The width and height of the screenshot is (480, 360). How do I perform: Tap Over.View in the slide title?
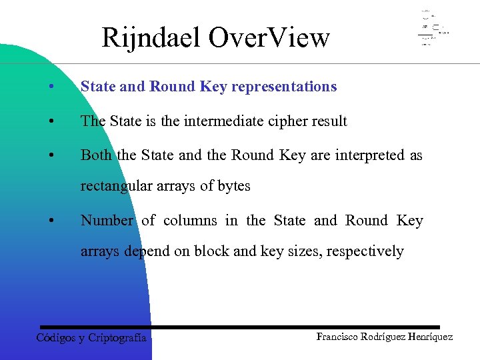tap(269, 38)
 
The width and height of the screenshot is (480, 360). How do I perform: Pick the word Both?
tap(96, 155)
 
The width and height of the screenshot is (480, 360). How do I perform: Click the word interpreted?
tap(369, 155)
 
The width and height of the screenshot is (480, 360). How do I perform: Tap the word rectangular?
tap(115, 186)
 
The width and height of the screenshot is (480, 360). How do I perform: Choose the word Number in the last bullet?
tap(107, 221)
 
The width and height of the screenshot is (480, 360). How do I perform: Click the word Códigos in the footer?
tap(56, 337)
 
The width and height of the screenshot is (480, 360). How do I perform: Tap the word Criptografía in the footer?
tap(117, 337)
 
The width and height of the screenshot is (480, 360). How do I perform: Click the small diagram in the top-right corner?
tap(433, 28)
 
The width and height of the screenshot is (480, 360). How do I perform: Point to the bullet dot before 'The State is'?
tap(51, 122)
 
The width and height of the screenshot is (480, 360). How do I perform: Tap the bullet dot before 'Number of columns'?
tap(51, 221)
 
